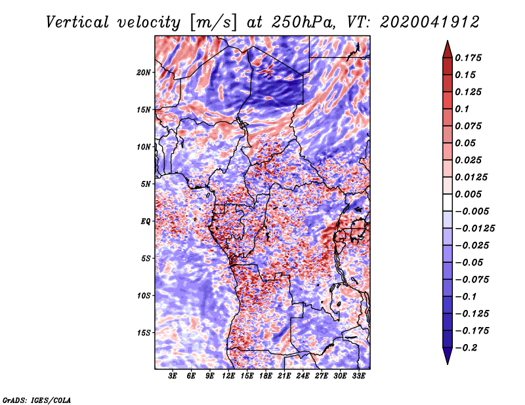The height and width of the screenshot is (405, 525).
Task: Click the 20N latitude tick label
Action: pos(144,73)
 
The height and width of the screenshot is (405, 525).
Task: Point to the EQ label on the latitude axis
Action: pos(146,222)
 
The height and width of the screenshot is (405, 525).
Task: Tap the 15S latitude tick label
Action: pos(144,333)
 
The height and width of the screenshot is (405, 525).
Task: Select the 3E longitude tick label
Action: pos(173,376)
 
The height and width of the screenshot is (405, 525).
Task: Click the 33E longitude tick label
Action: pos(358,376)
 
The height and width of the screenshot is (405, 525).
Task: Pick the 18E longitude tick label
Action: pos(266,376)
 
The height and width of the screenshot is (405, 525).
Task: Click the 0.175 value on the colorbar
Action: pos(468,58)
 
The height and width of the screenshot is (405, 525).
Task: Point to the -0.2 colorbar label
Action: pos(466,348)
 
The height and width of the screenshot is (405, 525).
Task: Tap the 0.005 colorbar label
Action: pos(468,194)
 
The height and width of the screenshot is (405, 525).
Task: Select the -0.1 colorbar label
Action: pos(466,297)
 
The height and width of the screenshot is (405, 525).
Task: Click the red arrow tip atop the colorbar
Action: pos(448,41)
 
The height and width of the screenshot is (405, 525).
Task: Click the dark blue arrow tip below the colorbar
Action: pos(448,364)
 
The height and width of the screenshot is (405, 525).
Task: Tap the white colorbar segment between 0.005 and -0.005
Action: pos(448,202)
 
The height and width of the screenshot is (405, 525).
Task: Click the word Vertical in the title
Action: pos(77,22)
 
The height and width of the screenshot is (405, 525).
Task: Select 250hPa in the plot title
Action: pos(303,22)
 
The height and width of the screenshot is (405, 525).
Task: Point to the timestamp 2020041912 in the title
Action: pos(430,22)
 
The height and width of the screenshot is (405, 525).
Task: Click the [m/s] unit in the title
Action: pos(213,23)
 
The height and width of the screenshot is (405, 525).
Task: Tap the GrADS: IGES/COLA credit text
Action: pos(37,400)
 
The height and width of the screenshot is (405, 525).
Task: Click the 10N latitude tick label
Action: pos(144,147)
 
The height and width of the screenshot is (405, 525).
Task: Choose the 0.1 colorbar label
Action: pos(462,109)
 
